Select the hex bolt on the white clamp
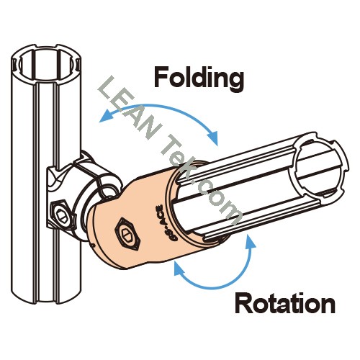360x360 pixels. [60, 212]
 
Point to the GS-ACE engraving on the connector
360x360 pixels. [158, 219]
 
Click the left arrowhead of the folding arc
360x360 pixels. [107, 116]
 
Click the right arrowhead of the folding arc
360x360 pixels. [212, 138]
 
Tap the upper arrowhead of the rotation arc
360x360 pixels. [250, 242]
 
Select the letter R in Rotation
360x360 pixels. [243, 303]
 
